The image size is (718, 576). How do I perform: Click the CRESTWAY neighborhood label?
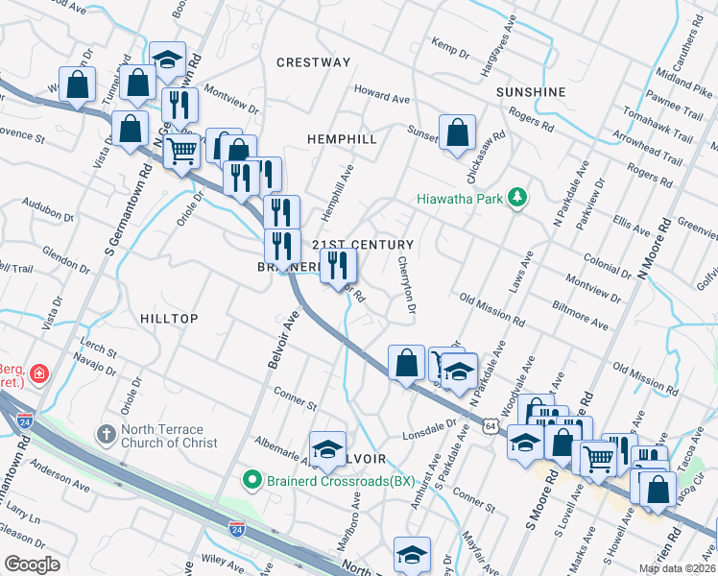coord(314,62)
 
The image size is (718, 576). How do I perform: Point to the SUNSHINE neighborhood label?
coord(531,92)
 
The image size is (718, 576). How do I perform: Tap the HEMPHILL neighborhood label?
coord(342,139)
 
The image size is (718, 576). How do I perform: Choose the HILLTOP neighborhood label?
coord(169,319)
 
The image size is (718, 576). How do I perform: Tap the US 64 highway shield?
coord(490,423)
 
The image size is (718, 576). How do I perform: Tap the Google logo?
coord(32,564)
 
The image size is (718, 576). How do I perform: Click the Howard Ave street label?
coord(382,96)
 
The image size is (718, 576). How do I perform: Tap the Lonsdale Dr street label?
coord(418,408)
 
